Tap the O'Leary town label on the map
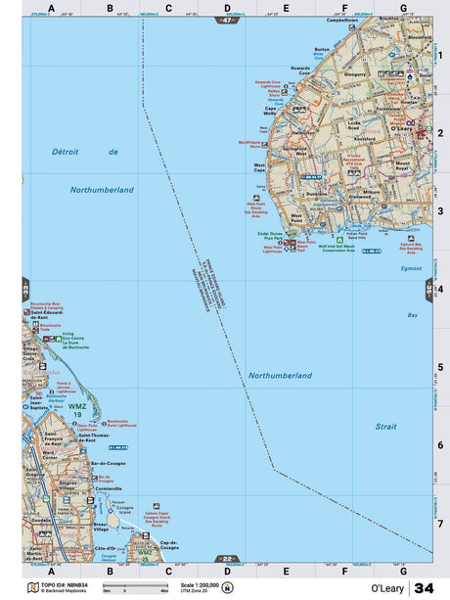click(400, 128)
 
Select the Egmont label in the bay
click(411, 267)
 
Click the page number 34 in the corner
click(424, 587)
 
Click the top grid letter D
click(227, 9)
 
